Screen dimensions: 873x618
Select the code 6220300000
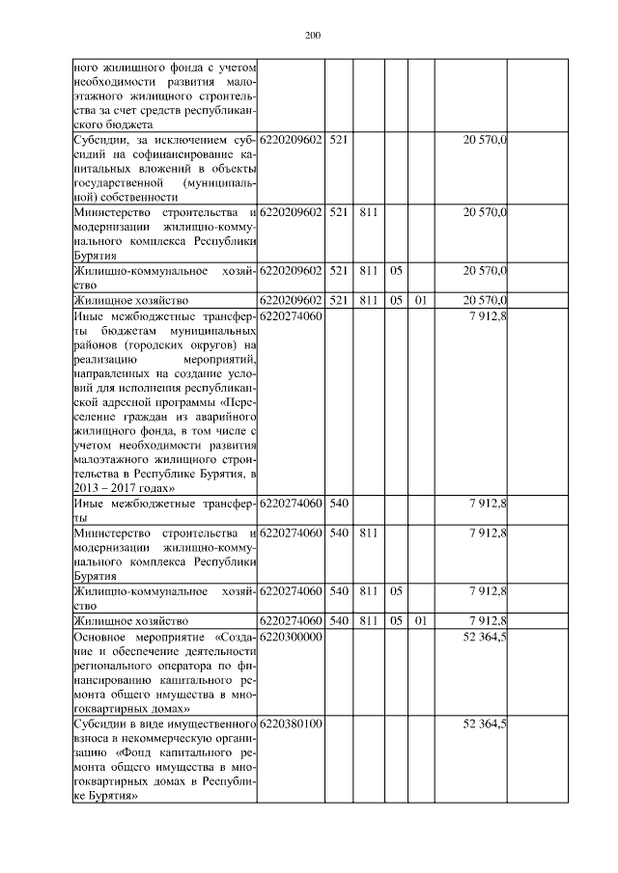291,638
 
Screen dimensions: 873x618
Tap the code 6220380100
291,723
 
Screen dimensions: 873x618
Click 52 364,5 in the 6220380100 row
487,723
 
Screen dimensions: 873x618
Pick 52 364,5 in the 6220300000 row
487,638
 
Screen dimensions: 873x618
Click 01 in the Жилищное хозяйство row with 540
420,620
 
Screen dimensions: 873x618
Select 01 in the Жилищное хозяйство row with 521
420,300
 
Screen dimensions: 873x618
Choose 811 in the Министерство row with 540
367,532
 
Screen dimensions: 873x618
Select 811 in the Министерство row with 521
367,212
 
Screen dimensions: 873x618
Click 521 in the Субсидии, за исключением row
338,141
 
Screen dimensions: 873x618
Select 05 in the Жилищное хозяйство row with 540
396,620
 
